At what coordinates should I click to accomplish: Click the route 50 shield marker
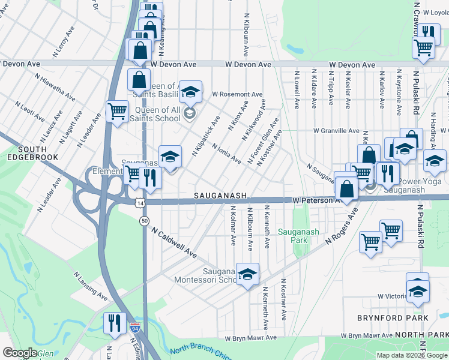[x=145, y=221]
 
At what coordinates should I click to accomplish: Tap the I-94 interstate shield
[x=135, y=329]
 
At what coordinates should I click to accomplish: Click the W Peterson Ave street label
[x=316, y=200]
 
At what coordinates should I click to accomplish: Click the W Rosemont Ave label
[x=237, y=95]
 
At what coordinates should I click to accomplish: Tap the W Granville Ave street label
[x=336, y=131]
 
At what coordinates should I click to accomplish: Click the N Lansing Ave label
[x=90, y=286]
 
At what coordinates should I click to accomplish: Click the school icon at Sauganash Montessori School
[x=247, y=274]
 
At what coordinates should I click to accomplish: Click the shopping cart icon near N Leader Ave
[x=117, y=110]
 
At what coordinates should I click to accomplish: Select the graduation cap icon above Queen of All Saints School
[x=190, y=92]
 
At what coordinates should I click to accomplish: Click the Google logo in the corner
[x=20, y=352]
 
